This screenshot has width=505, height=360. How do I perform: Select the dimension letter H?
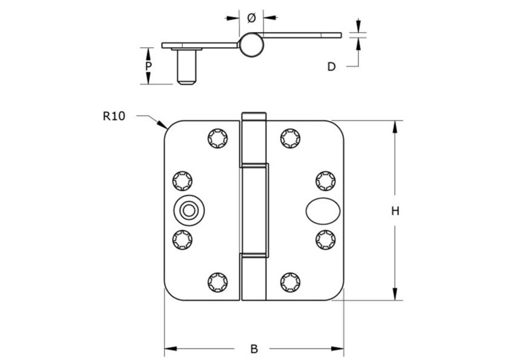(395, 211)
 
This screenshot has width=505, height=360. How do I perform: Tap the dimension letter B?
(254, 349)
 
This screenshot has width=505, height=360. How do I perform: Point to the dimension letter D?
(331, 67)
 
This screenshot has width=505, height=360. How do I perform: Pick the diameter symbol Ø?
(252, 18)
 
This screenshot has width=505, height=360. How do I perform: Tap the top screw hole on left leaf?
(217, 139)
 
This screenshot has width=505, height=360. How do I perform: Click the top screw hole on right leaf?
(290, 139)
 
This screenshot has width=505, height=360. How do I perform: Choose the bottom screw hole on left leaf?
(217, 281)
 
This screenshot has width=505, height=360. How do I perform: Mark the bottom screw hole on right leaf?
(290, 281)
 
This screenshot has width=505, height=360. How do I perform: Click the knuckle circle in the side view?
(251, 45)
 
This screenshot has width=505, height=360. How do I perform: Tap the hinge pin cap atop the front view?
(254, 116)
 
